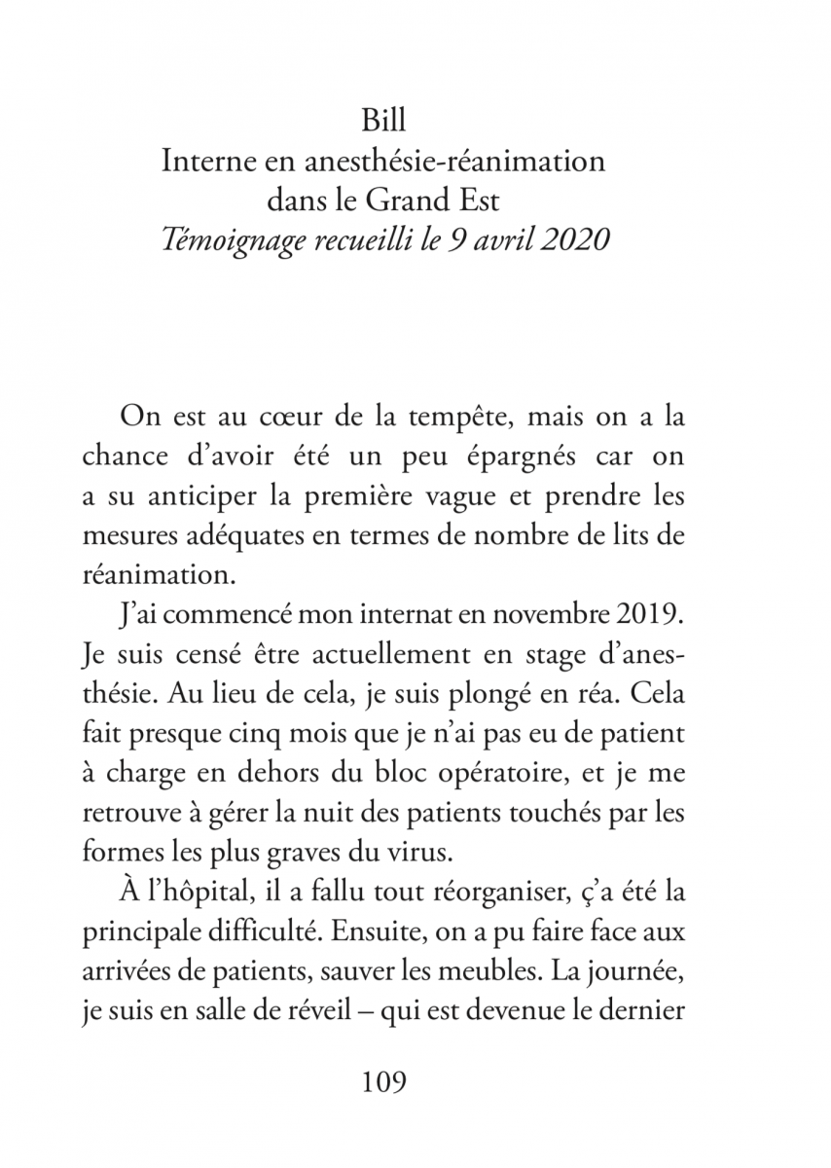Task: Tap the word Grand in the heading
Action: tap(412, 201)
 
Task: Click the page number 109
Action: tap(383, 1081)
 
